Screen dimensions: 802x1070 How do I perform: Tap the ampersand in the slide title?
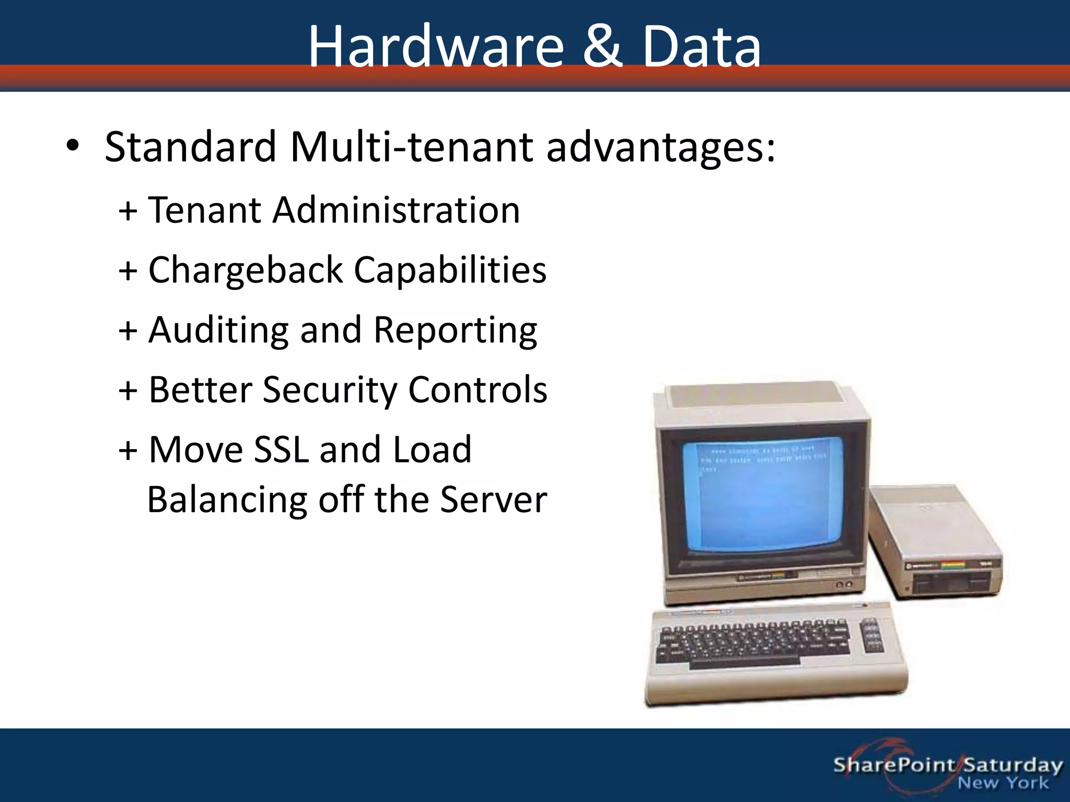click(602, 47)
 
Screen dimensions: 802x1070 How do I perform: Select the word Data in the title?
click(702, 47)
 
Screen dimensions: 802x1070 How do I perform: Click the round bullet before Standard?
click(73, 147)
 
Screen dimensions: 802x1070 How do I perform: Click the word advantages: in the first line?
click(661, 147)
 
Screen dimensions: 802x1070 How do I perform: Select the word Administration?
click(396, 210)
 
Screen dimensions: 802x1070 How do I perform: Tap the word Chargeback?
click(245, 270)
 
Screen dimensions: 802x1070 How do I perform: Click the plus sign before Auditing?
click(128, 331)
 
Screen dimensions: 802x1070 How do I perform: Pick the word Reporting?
click(455, 331)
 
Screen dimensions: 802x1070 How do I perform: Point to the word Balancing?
click(227, 500)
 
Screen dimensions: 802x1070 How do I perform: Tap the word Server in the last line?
click(493, 500)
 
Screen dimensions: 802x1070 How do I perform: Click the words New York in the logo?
click(1003, 783)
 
